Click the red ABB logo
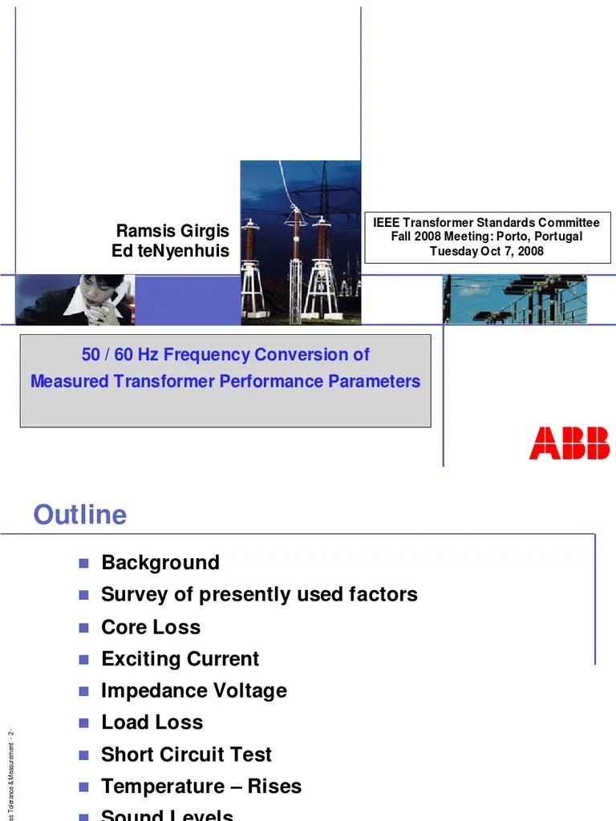569,443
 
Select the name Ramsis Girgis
172,231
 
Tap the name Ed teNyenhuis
170,251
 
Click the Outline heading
79,514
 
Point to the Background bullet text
160,562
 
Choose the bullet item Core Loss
151,627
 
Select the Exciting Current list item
180,659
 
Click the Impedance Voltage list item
193,690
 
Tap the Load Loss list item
152,722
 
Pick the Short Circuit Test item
186,754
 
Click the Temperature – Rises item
201,787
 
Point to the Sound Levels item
167,815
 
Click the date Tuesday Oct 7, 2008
487,251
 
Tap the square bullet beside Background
83,562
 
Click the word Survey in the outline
132,595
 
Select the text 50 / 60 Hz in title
120,354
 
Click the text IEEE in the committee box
388,222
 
